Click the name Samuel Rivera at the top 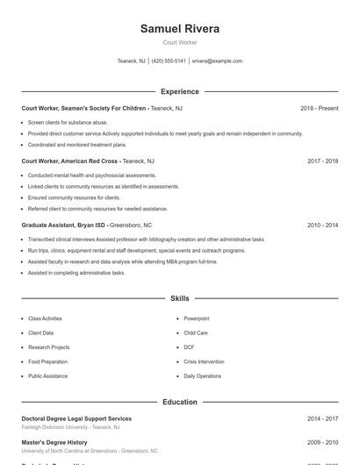(180, 29)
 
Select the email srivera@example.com (217, 61)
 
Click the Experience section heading (180, 91)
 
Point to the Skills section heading (180, 298)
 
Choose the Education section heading (180, 402)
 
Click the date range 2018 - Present (319, 108)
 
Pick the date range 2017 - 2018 (322, 161)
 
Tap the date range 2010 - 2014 (322, 225)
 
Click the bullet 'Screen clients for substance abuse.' (68, 122)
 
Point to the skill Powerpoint (197, 318)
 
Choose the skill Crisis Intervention (203, 361)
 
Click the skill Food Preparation (47, 361)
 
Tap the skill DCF (190, 347)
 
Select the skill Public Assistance (47, 376)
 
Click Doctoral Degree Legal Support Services (76, 418)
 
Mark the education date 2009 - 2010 (322, 442)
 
